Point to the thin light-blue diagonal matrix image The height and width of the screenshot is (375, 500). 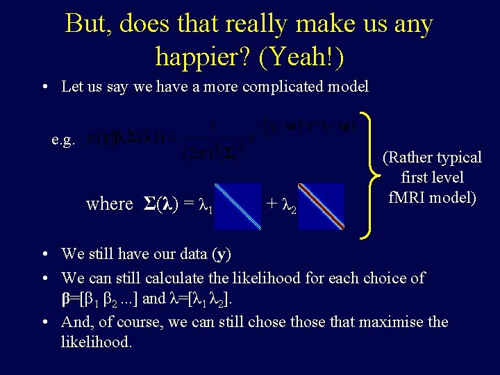click(237, 206)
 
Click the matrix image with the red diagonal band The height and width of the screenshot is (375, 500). click(321, 206)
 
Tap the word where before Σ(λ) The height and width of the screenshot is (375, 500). click(109, 204)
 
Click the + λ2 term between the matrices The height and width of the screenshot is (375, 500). click(281, 205)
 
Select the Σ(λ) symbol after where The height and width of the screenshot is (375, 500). click(160, 204)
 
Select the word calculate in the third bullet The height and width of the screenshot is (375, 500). click(169, 278)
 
